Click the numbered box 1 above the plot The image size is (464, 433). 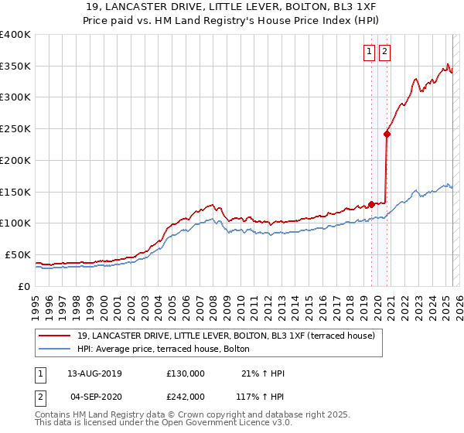click(x=369, y=52)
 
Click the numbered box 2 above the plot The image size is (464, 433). click(x=384, y=52)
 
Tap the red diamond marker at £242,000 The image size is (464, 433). click(x=387, y=134)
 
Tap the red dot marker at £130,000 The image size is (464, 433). click(x=371, y=204)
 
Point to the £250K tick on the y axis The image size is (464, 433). click(x=15, y=128)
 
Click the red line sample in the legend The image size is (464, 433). click(x=54, y=336)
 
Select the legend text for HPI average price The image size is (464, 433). click(x=163, y=349)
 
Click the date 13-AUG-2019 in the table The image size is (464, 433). click(x=94, y=373)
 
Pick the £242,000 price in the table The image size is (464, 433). click(x=186, y=396)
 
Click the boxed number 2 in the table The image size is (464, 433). click(x=39, y=396)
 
